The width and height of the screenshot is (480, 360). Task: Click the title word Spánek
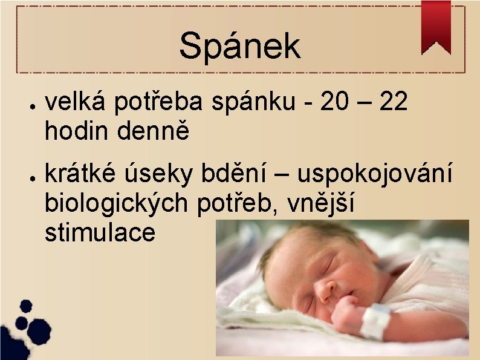239,45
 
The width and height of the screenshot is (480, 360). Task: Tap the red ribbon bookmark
436,25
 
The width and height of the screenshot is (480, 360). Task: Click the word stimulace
100,232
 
